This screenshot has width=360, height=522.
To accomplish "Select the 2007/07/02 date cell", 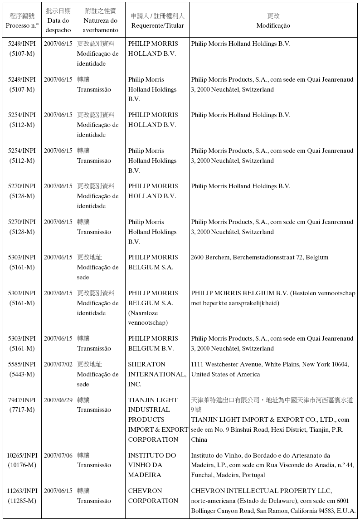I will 58,364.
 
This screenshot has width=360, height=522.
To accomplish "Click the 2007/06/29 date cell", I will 58,400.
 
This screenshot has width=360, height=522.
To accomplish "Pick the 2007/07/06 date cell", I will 58,455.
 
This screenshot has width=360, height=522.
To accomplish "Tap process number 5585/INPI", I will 22,364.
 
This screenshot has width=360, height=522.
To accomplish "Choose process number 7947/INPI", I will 22,400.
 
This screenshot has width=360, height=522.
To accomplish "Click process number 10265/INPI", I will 22,455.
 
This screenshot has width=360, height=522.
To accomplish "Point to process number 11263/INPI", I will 22,491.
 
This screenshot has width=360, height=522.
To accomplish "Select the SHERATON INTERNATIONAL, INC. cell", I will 157,374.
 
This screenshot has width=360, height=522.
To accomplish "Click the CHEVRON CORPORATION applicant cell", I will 153,496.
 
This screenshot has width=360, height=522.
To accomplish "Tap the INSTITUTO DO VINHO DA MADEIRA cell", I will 152,465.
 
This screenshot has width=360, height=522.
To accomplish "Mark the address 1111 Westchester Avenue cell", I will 270,369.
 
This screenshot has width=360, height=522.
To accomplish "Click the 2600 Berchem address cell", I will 259,258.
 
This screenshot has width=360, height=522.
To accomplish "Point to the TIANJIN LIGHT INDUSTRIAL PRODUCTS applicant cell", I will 157,420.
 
